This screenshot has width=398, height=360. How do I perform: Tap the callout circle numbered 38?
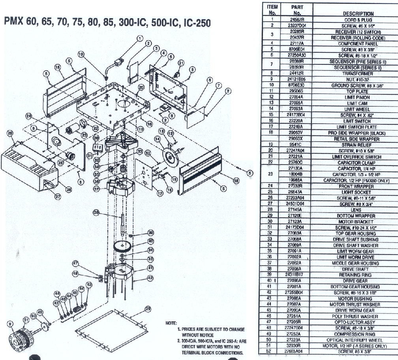pyautogui.click(x=96, y=212)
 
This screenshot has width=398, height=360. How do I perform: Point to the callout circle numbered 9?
pyautogui.click(x=9, y=324)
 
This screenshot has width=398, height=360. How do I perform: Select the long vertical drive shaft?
pyautogui.click(x=123, y=225)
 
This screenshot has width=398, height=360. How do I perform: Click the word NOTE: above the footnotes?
pyautogui.click(x=171, y=323)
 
